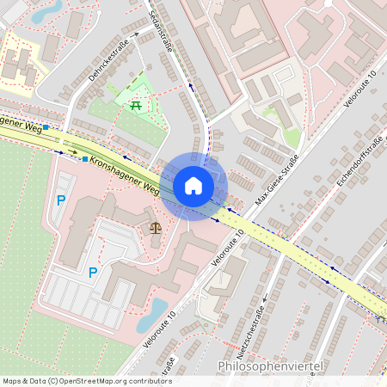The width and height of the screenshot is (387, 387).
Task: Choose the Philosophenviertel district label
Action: pos(270,367)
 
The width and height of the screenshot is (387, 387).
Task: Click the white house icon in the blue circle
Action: pos(193,186)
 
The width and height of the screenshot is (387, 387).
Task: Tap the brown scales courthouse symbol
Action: pos(156,228)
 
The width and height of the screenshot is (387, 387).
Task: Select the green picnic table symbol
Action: pos(136,105)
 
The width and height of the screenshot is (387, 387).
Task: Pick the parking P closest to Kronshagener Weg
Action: pos(61,200)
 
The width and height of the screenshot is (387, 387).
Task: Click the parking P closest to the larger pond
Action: pos(93,273)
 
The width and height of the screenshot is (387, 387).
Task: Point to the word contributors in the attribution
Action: pos(147,381)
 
